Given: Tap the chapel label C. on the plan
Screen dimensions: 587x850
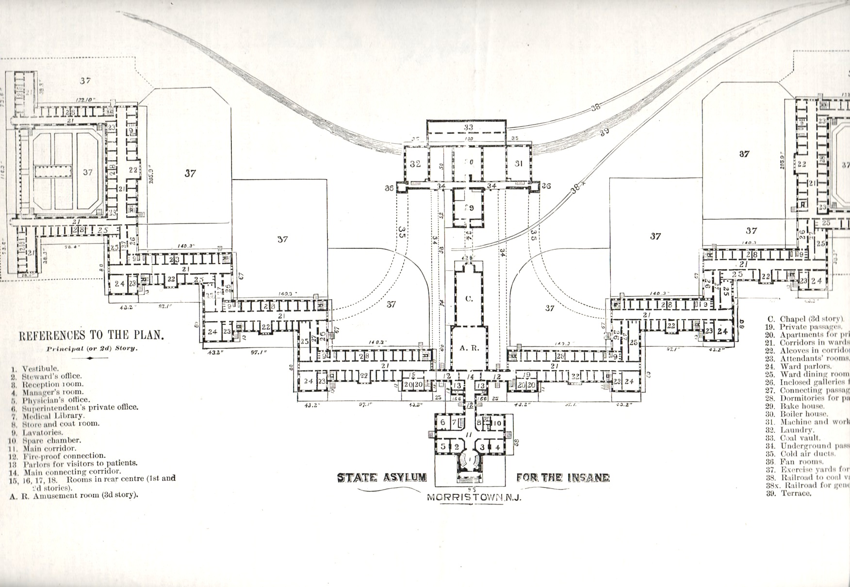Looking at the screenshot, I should pos(469,299).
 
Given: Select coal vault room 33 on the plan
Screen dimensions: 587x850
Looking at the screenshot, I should pos(468,128).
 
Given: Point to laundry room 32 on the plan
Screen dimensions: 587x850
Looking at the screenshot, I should pos(415,164).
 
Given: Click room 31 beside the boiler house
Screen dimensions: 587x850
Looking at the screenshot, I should pos(519,163).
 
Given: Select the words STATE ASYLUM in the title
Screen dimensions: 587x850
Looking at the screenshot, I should pos(382,477).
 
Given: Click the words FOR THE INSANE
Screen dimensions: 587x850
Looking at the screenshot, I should pos(563,477).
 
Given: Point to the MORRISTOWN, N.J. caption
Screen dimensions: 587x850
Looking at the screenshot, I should pos(474,498).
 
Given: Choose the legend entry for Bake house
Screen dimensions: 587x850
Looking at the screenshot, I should pos(801,406).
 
